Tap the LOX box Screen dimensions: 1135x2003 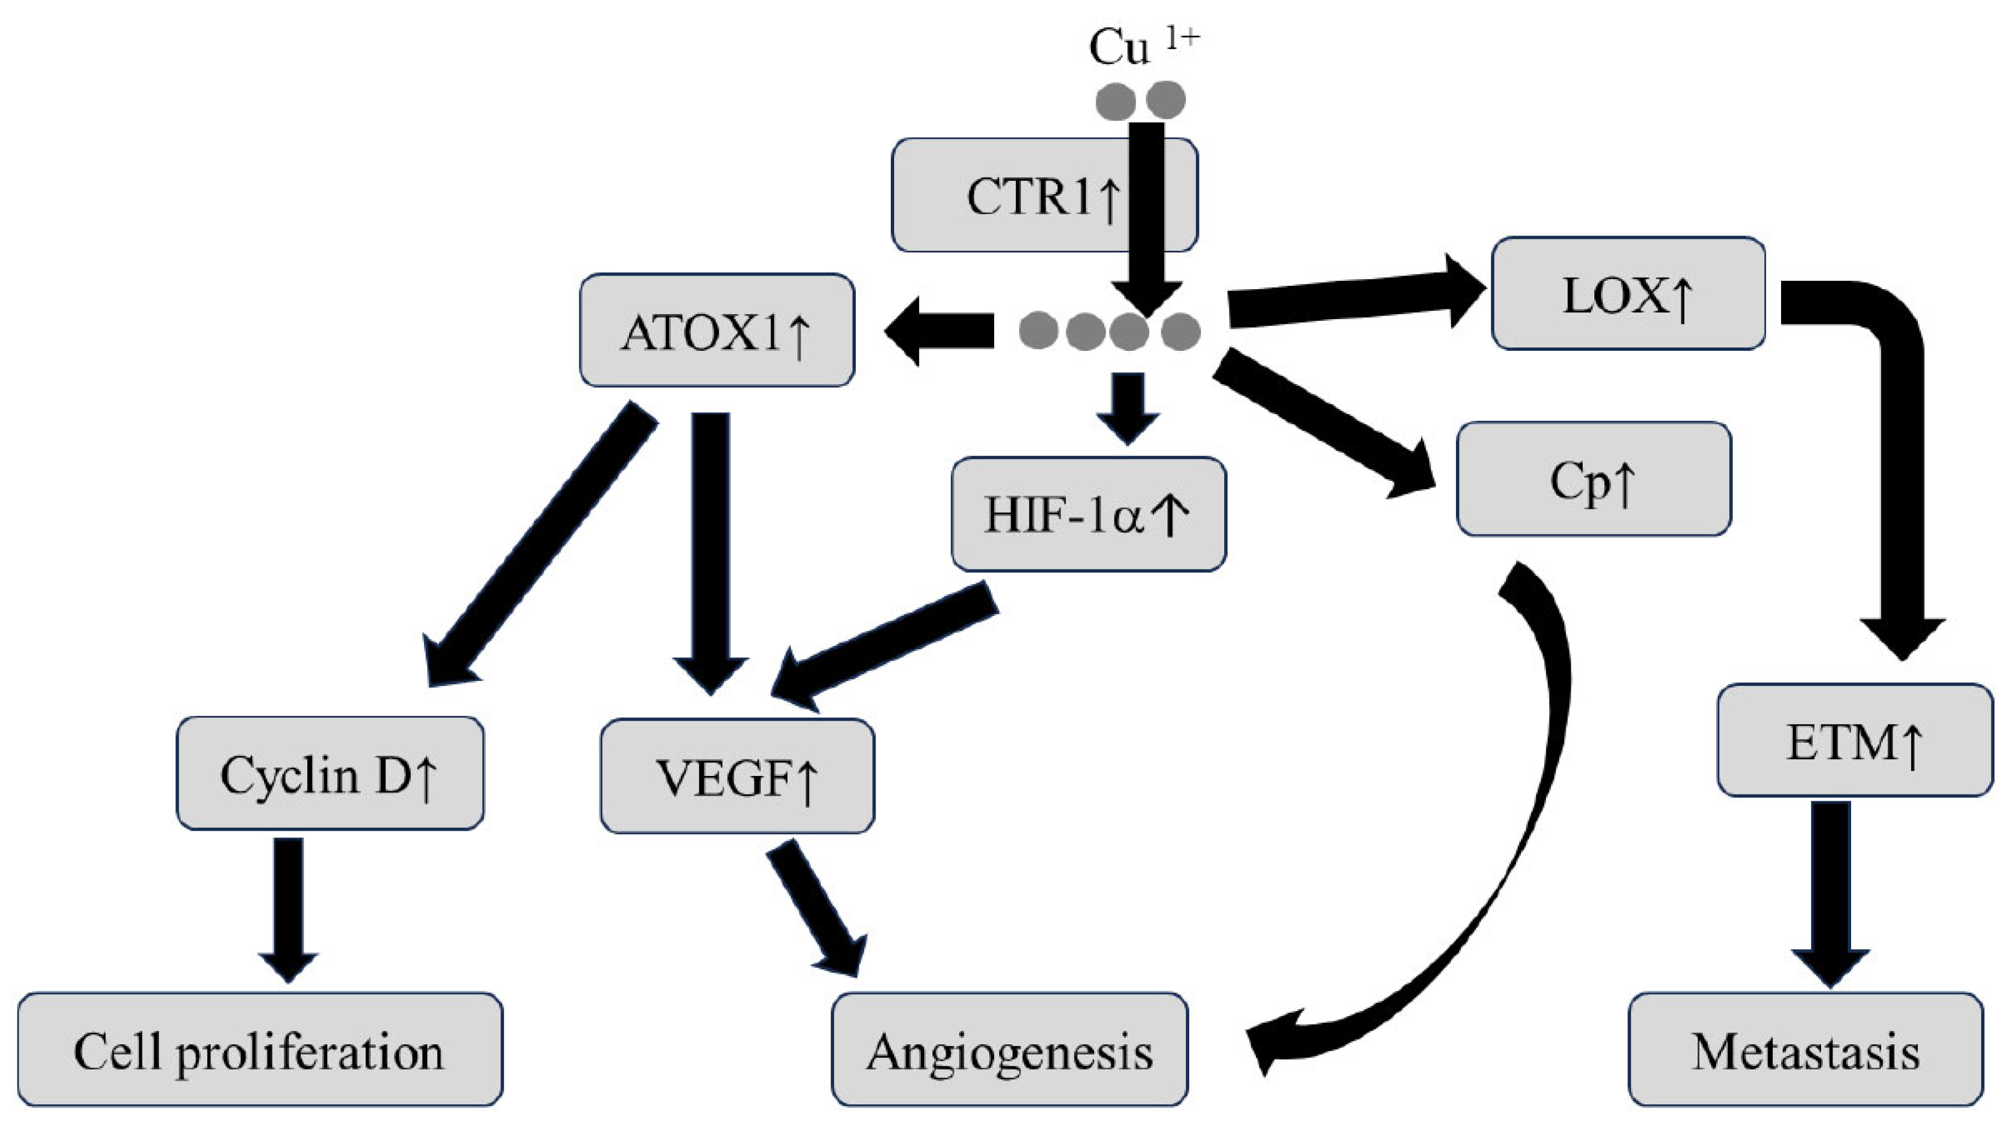pos(1628,294)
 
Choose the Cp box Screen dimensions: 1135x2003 pos(1593,479)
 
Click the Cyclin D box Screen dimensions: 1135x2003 pos(330,773)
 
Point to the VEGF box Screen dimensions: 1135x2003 pos(737,777)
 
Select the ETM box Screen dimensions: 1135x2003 pos(1854,740)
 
